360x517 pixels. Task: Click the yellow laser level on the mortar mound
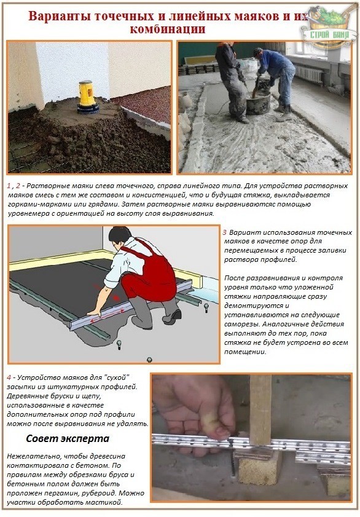[87, 97]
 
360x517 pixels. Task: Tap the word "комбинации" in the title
[168, 29]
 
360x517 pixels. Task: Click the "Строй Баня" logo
[330, 28]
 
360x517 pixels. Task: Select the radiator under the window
[308, 74]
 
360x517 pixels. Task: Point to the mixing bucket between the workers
[259, 102]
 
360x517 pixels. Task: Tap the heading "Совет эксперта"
[68, 439]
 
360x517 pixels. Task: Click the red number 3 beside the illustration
[225, 232]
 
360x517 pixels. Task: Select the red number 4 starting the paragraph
[9, 377]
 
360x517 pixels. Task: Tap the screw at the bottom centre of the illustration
[149, 360]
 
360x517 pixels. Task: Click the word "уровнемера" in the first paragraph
[26, 214]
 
